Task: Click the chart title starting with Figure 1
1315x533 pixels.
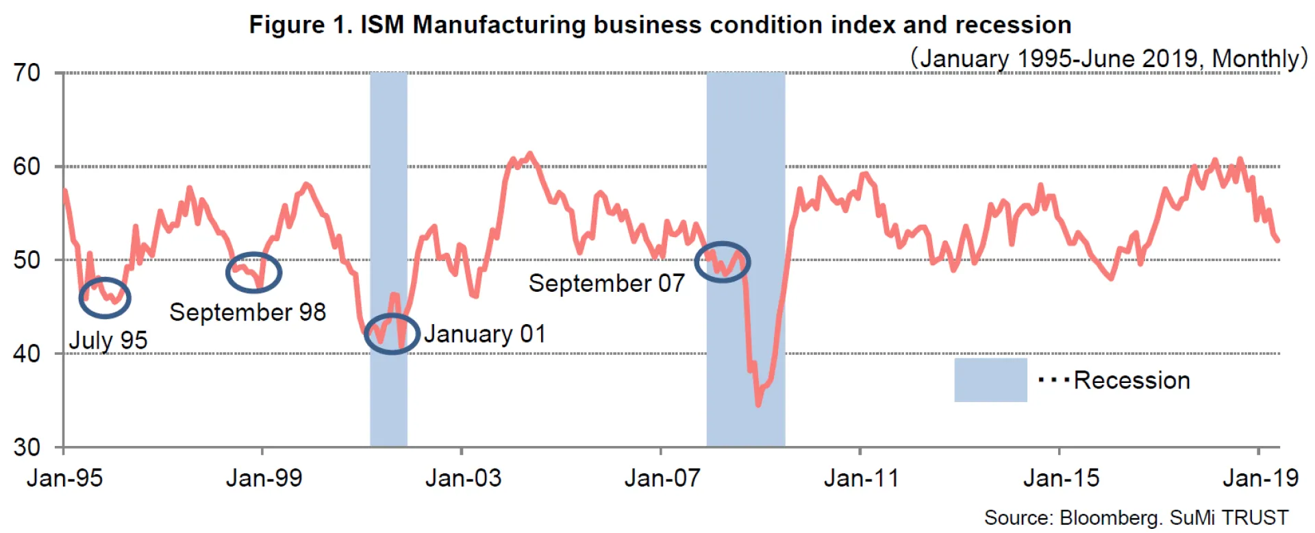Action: coord(660,25)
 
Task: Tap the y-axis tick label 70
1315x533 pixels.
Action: coord(27,73)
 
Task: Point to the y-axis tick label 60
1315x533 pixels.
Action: coord(27,166)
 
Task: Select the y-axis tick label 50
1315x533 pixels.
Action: coord(27,260)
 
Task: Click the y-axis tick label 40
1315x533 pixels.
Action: coord(27,354)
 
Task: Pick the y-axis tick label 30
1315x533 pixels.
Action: coord(27,447)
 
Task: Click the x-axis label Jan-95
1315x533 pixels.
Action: coord(64,478)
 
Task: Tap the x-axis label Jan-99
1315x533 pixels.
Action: coord(264,478)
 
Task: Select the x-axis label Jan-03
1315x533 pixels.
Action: coord(463,478)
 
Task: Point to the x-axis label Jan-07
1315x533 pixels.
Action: coord(662,478)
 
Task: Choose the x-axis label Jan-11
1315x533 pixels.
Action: coord(862,478)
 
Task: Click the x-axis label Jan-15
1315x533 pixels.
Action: coord(1061,478)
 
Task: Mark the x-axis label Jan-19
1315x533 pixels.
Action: coord(1260,478)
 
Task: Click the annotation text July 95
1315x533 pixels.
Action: coord(108,340)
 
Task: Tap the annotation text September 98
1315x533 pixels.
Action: coord(247,312)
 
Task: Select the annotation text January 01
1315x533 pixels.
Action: coord(485,334)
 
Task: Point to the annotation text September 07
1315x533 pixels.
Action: coord(606,284)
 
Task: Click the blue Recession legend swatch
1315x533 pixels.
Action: coord(990,380)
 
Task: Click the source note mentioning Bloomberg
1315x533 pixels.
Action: coord(1136,518)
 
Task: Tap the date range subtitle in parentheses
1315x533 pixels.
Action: coord(1108,59)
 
